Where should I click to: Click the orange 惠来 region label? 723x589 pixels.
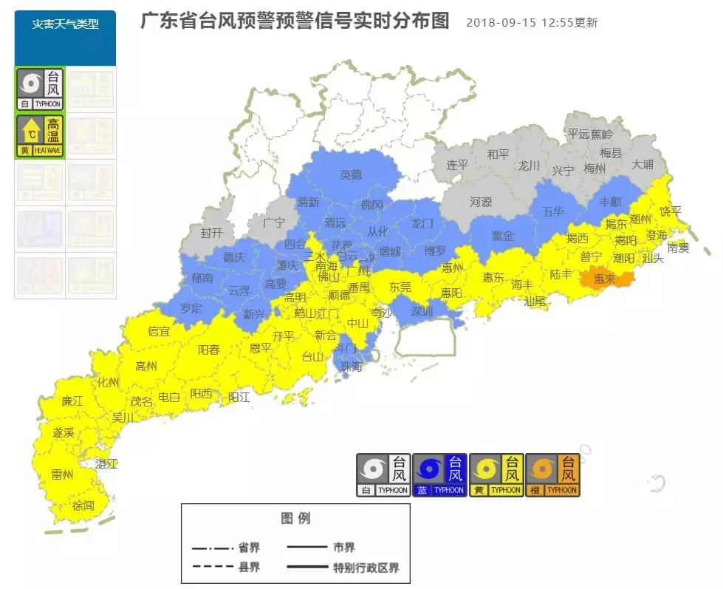pos(604,279)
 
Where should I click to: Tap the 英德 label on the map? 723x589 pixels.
pos(351,175)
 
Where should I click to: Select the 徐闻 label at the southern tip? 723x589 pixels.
pos(83,505)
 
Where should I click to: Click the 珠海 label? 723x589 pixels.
pos(351,366)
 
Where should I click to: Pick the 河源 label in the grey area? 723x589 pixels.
pos(481,201)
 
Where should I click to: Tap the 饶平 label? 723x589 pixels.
pos(670,211)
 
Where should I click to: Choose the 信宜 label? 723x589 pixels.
pos(159,332)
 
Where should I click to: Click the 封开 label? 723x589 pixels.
pos(211,232)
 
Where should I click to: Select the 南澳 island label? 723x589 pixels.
pos(677,248)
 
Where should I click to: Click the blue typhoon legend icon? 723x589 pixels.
pos(439,474)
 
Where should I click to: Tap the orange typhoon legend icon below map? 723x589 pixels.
pos(552,474)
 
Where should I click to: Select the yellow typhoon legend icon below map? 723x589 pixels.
pos(496,474)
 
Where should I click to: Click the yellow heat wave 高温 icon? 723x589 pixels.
pos(40,136)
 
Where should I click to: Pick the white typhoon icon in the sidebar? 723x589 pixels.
pos(40,89)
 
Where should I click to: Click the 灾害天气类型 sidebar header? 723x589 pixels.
pos(65,24)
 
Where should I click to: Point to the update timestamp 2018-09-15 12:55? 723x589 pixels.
pos(532,23)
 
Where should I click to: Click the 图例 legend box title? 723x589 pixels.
pos(295,518)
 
